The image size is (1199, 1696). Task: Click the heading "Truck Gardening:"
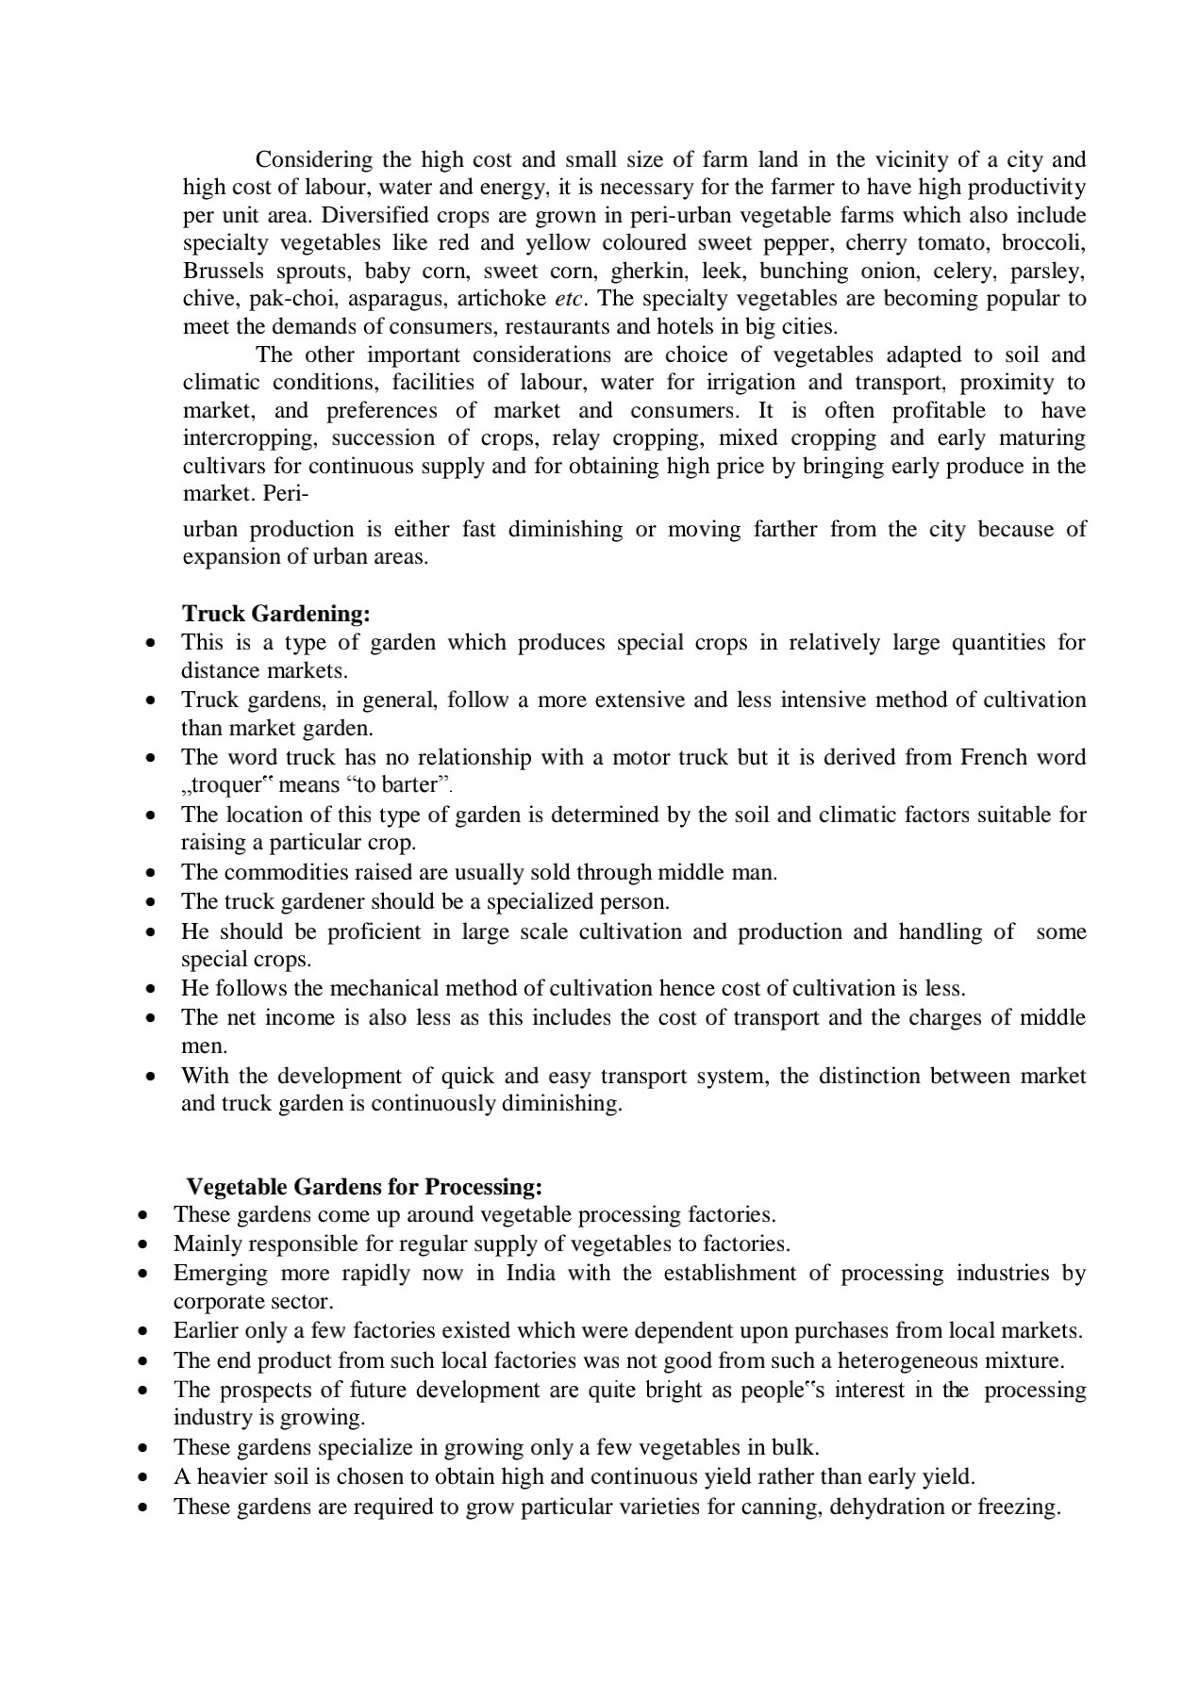275,614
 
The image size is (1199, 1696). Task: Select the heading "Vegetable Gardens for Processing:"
364,1186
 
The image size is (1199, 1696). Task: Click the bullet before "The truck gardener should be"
150,902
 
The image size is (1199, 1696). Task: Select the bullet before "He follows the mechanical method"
150,989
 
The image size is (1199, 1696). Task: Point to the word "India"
530,1274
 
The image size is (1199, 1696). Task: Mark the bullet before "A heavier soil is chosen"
142,1477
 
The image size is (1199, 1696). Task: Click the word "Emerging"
219,1274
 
